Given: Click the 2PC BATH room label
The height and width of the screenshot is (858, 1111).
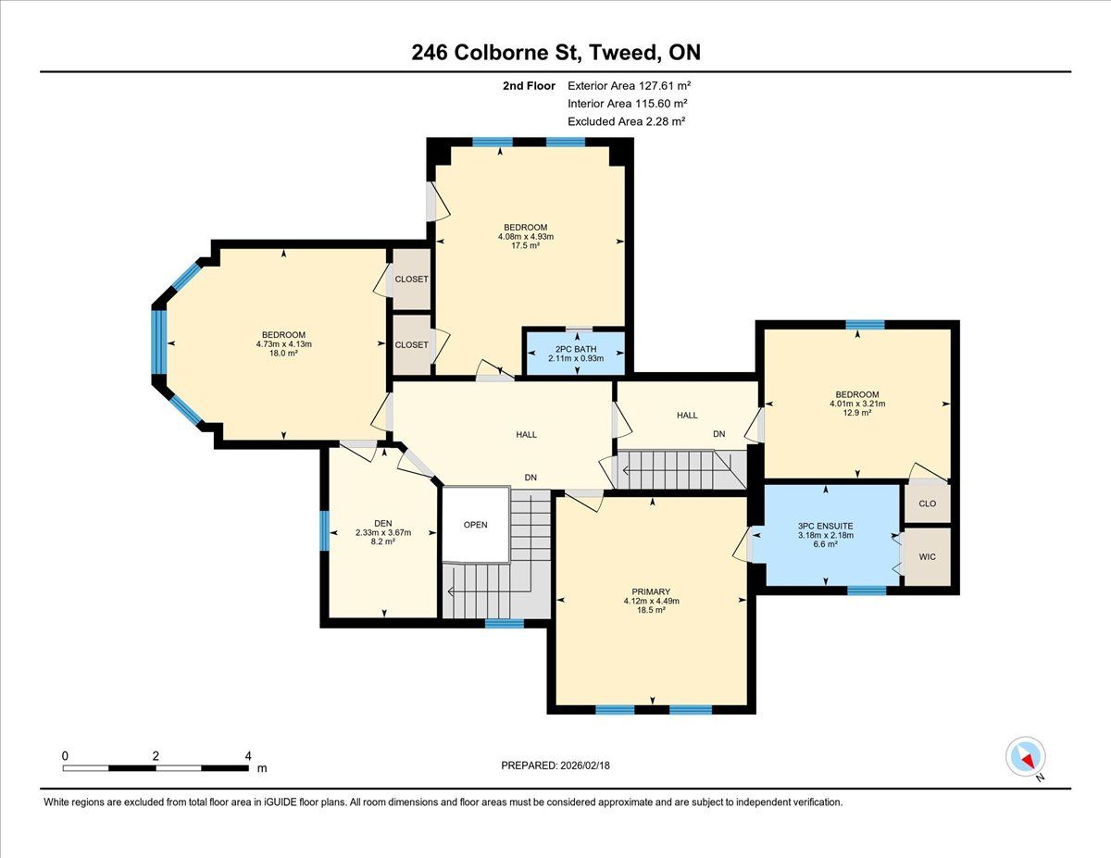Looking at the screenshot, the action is pyautogui.click(x=576, y=349).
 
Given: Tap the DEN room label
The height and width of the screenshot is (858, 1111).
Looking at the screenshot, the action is pyautogui.click(x=383, y=523).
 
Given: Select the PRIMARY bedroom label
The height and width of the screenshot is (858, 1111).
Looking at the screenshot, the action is pyautogui.click(x=651, y=591).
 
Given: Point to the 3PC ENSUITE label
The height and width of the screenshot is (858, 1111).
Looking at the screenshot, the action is pyautogui.click(x=825, y=526).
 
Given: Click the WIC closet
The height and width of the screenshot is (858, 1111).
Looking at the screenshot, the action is pyautogui.click(x=927, y=556).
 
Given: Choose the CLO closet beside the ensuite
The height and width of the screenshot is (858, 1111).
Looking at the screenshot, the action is pyautogui.click(x=927, y=504).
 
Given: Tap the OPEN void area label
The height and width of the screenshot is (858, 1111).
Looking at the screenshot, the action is pyautogui.click(x=475, y=525).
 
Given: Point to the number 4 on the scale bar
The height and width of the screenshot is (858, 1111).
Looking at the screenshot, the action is pyautogui.click(x=248, y=756).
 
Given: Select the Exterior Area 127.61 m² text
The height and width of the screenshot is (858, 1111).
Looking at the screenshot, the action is pyautogui.click(x=629, y=85).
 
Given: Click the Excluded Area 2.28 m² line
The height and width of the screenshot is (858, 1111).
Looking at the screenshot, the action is pyautogui.click(x=626, y=121).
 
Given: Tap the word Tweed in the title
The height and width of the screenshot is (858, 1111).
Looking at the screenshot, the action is pyautogui.click(x=623, y=52).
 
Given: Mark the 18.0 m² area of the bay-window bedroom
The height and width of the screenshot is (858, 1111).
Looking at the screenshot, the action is pyautogui.click(x=283, y=354).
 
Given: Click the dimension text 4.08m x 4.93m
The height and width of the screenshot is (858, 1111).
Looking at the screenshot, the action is pyautogui.click(x=526, y=237).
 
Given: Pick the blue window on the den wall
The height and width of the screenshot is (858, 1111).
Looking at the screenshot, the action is pyautogui.click(x=324, y=531).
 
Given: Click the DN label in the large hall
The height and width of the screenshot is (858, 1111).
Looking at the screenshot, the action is pyautogui.click(x=531, y=478).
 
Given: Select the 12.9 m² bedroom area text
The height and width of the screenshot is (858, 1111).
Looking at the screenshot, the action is pyautogui.click(x=857, y=413).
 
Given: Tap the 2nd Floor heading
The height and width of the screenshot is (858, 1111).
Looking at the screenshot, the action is pyautogui.click(x=529, y=86).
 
